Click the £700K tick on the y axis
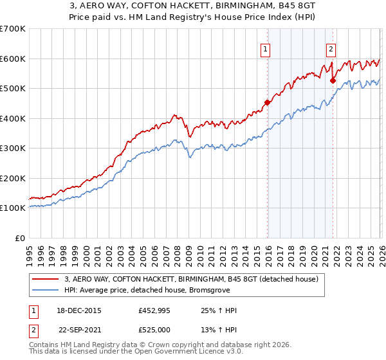point(13,29)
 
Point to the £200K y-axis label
point(13,178)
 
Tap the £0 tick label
point(21,238)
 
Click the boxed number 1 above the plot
point(265,48)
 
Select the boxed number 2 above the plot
point(331,48)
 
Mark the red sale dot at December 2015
point(266,102)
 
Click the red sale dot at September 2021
point(332,80)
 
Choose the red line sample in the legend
point(46,279)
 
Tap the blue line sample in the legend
point(46,291)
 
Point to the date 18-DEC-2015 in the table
point(79,311)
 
